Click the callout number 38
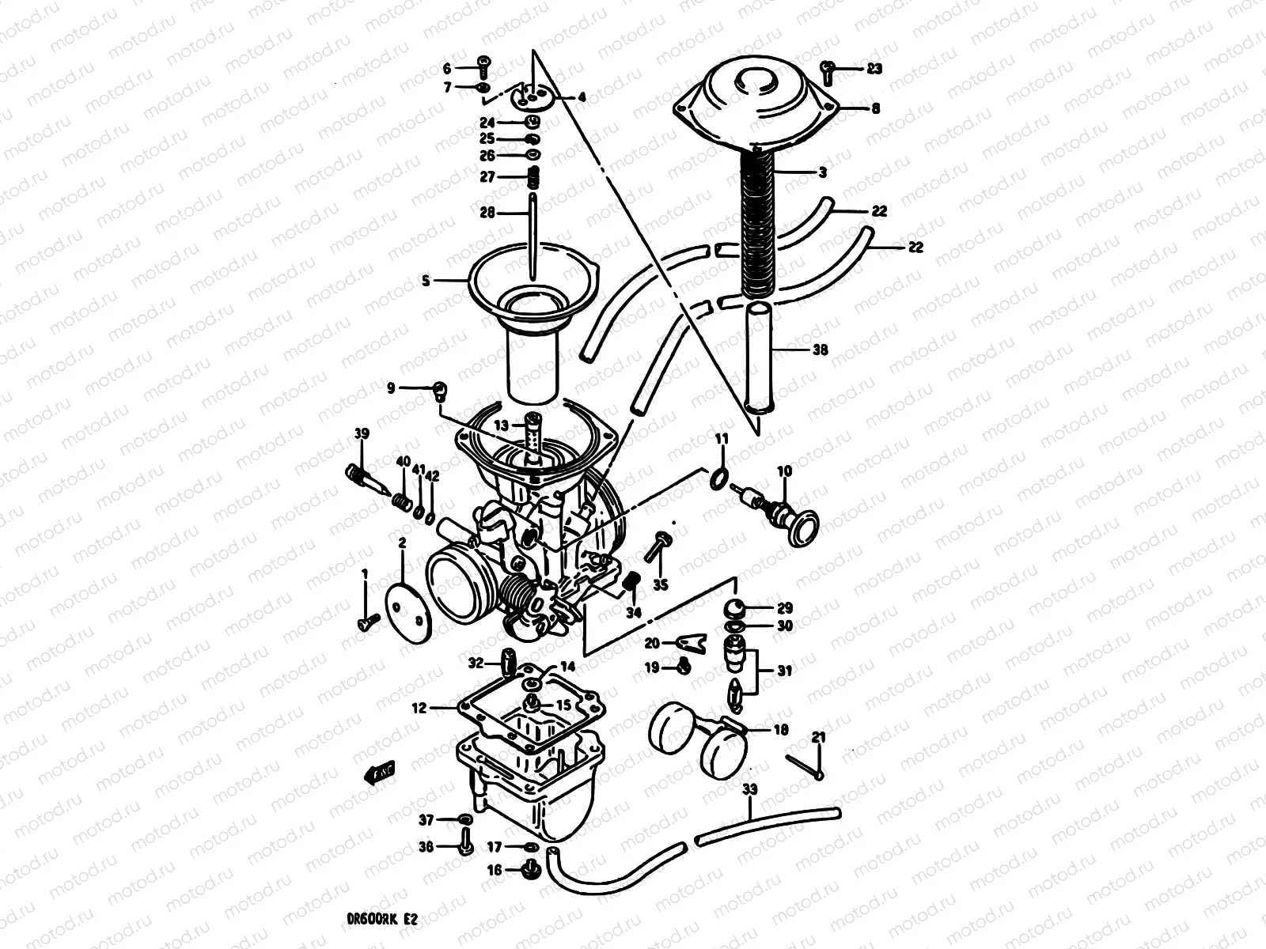tap(821, 349)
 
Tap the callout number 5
tap(426, 281)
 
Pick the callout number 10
tap(784, 471)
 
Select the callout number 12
tap(419, 709)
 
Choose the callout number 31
tap(783, 671)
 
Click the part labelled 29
tap(737, 610)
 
